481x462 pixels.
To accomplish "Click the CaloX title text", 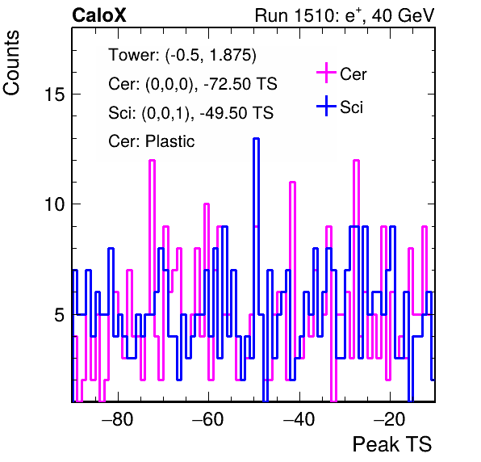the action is (x=99, y=15).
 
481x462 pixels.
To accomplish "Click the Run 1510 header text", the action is (x=345, y=15).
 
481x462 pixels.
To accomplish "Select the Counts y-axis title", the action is (x=11, y=63).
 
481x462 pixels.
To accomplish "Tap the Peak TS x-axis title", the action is (x=392, y=444).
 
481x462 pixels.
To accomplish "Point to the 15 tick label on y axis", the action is (x=55, y=94).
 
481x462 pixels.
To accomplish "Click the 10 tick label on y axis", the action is (x=55, y=204).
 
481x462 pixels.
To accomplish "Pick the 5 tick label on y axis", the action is (x=60, y=315).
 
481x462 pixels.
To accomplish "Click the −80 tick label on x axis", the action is (x=118, y=418).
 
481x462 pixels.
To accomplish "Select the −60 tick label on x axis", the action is (x=208, y=418).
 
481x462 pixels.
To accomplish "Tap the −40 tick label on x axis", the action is (x=299, y=418).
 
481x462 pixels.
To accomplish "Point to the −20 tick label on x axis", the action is (x=390, y=418).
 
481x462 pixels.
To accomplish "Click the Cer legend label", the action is (x=353, y=74).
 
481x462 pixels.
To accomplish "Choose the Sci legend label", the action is (x=351, y=107).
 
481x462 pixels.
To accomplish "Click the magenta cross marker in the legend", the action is (x=326, y=73).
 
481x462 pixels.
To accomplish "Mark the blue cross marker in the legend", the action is (x=326, y=106).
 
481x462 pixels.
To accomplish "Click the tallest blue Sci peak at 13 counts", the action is (x=256, y=139).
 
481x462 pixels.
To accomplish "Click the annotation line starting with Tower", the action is (x=182, y=55).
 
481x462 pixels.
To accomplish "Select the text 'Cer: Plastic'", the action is (x=152, y=141).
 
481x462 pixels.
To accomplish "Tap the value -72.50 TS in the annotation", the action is (x=240, y=84).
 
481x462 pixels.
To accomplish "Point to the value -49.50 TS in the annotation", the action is (x=236, y=112).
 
